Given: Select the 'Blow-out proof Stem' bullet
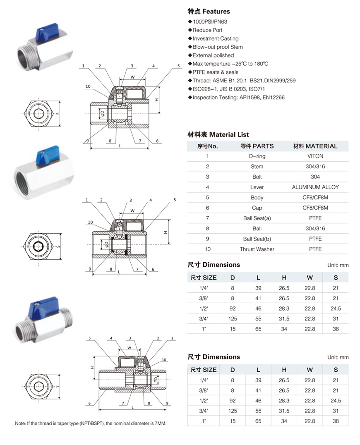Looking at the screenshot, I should tap(218, 47).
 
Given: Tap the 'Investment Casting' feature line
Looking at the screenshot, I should tap(215, 38).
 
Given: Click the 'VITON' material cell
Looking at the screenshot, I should tap(315, 156).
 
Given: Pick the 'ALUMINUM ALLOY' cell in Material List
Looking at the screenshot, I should tap(315, 187).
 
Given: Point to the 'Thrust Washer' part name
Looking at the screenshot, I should tap(257, 249).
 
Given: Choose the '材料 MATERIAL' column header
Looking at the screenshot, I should tap(315, 146).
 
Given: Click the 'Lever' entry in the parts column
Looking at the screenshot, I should tap(257, 187).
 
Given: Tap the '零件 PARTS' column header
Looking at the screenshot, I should tap(257, 146).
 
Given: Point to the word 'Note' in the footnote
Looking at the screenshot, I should tap(20, 423).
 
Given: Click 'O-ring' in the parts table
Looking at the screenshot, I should tap(257, 156).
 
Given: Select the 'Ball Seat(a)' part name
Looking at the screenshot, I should tap(257, 218).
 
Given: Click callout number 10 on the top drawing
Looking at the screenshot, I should tap(88, 86).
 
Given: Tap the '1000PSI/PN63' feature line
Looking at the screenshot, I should tap(210, 22).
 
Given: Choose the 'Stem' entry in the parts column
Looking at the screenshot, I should tap(257, 167).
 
